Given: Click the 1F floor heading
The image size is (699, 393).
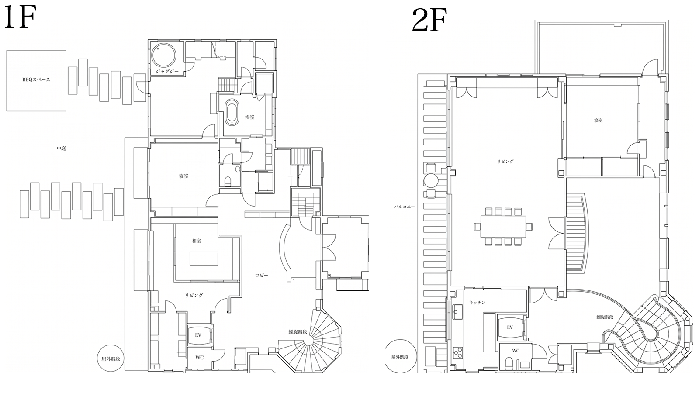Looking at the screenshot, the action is coord(19,18).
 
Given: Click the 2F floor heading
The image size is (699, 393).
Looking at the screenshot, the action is coord(430,20).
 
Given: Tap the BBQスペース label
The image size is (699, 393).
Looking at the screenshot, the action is coord(36,79).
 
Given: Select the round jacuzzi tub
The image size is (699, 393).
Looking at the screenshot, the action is coord(163,55).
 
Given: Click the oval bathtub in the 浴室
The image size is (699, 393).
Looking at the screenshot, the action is coord(233,112).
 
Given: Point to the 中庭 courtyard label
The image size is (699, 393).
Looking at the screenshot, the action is coord(61,148).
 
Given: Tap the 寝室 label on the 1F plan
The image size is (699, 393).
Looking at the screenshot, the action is coord(183,176).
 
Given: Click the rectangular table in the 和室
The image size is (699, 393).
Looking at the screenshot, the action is coord(204,259).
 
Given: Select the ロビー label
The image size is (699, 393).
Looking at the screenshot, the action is coord(262,276).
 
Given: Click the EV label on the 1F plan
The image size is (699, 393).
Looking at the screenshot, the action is coord(198,335).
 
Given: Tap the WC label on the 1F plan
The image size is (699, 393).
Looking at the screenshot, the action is coord(200,358).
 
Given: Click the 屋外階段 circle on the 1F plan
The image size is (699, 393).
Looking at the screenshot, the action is coord(111,358).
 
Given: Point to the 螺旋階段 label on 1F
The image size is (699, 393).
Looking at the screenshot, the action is coord(298,332).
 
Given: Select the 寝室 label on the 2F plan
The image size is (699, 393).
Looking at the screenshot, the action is coord(598,121).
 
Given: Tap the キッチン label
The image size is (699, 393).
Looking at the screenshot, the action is coord(477,303).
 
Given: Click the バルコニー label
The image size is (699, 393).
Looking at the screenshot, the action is coord(405,207).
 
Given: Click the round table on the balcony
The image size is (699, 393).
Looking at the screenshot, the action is coord(431,181).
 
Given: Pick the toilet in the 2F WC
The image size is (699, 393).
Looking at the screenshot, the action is coord(509,363).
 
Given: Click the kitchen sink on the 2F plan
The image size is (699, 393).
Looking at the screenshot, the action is coord(458,312).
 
